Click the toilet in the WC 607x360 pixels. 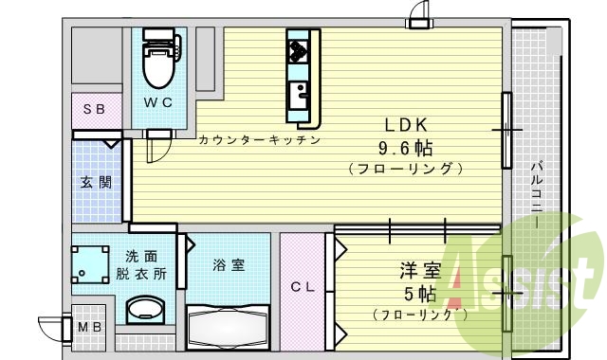[157, 61]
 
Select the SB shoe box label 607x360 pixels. [93, 109]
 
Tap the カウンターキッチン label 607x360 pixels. [259, 139]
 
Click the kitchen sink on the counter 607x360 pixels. [300, 94]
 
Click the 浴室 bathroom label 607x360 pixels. [228, 265]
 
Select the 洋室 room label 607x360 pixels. [419, 271]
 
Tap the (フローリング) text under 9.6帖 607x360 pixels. [405, 170]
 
